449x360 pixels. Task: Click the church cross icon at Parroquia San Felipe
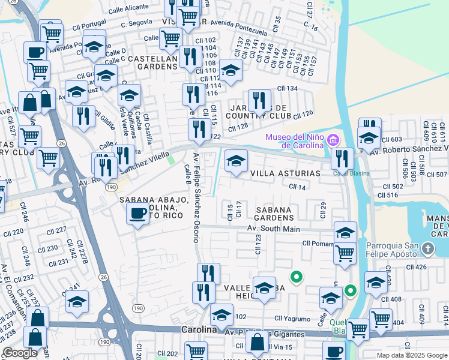(x=427, y=248)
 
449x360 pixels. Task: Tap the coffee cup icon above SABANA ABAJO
(x=137, y=214)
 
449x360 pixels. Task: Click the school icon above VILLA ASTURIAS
(x=236, y=161)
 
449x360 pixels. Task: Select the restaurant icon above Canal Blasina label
(x=342, y=158)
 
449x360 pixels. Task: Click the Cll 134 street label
(x=287, y=89)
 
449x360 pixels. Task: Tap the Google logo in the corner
(x=20, y=353)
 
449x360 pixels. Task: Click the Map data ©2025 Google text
(x=411, y=355)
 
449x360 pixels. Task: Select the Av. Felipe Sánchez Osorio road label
(x=196, y=198)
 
